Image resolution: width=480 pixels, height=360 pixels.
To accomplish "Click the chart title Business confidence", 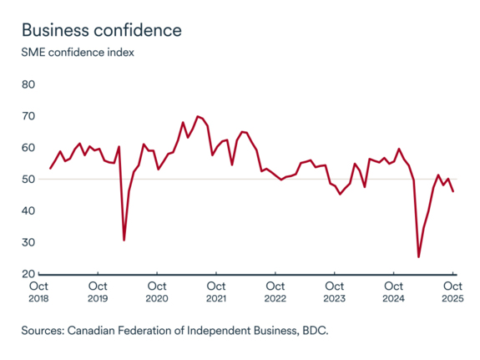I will [x=101, y=30].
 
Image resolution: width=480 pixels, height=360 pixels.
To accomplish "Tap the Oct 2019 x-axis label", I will [x=98, y=292].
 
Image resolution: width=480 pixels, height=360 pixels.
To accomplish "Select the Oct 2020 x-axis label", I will [x=157, y=292].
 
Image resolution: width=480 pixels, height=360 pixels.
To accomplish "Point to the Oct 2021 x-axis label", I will [x=215, y=292].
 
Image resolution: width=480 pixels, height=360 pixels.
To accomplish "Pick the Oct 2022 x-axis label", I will [x=275, y=292].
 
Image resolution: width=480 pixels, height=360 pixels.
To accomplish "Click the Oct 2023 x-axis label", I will [x=334, y=292].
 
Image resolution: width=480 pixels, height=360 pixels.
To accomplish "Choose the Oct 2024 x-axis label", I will [x=393, y=292].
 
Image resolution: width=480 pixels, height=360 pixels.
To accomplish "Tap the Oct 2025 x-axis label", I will [x=452, y=292].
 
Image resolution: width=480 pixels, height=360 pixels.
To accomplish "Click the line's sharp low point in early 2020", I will [x=124, y=241].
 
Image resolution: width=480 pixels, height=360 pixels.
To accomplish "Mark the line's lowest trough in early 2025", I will [x=418, y=256].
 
